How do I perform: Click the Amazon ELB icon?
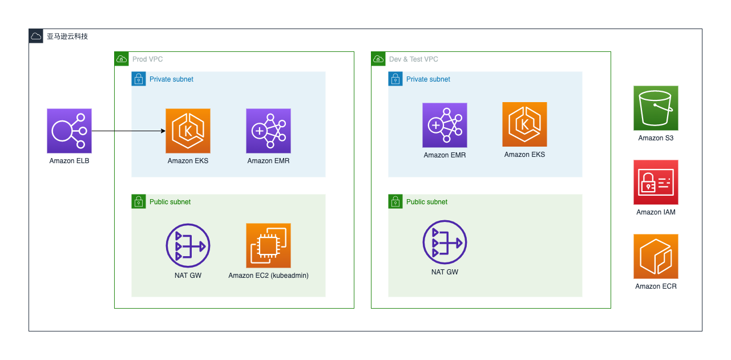(69, 131)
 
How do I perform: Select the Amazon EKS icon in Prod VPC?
(188, 131)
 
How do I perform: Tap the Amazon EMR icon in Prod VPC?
(268, 131)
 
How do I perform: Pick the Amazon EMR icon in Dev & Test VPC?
(445, 125)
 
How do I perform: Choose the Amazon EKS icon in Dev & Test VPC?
(524, 124)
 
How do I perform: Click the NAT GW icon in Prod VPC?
(188, 246)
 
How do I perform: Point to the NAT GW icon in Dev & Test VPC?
(445, 242)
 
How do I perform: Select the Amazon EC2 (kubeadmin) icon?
(268, 245)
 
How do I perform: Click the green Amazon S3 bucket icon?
(656, 108)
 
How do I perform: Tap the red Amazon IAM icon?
(656, 182)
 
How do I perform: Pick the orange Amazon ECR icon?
(656, 256)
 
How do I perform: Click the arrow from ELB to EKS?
(128, 131)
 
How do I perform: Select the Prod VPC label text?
(147, 59)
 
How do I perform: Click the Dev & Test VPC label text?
(413, 59)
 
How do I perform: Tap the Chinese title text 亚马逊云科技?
(67, 37)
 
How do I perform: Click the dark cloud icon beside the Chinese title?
(36, 36)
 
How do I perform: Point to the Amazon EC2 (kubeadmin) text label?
(268, 276)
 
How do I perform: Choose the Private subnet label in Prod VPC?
(171, 79)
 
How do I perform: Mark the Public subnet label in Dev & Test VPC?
(426, 202)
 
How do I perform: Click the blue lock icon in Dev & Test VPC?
(395, 79)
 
